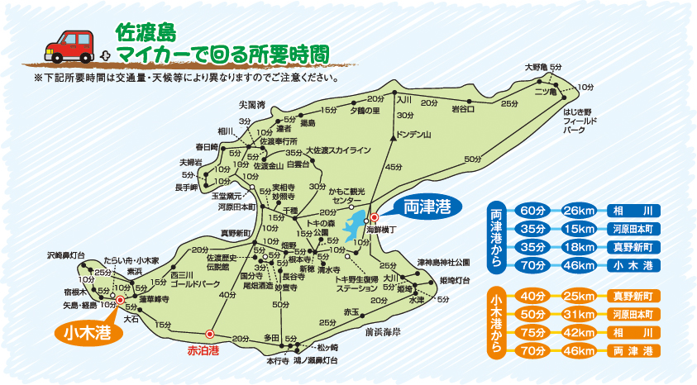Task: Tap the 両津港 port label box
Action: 427,207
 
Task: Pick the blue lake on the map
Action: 353,223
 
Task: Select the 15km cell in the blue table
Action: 579,228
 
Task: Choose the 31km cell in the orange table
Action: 579,315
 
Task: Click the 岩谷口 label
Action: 463,108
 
